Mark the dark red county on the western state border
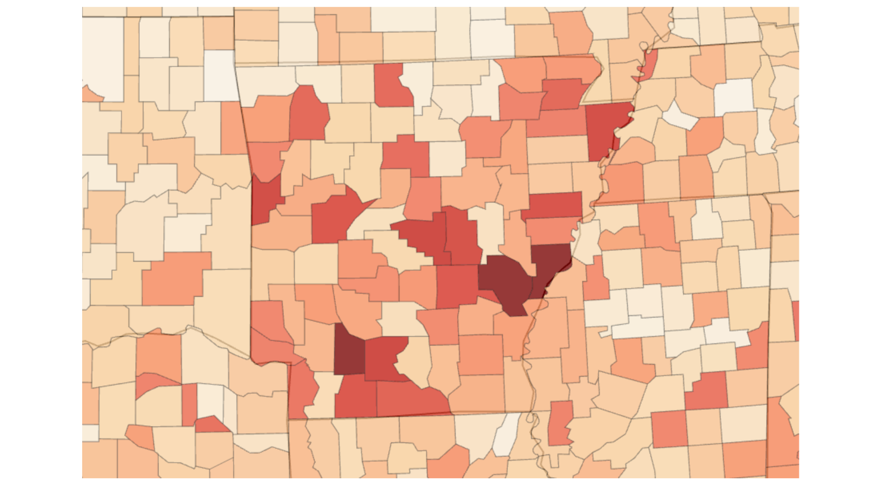(266, 199)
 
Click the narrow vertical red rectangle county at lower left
(189, 404)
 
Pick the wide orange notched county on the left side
(174, 279)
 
